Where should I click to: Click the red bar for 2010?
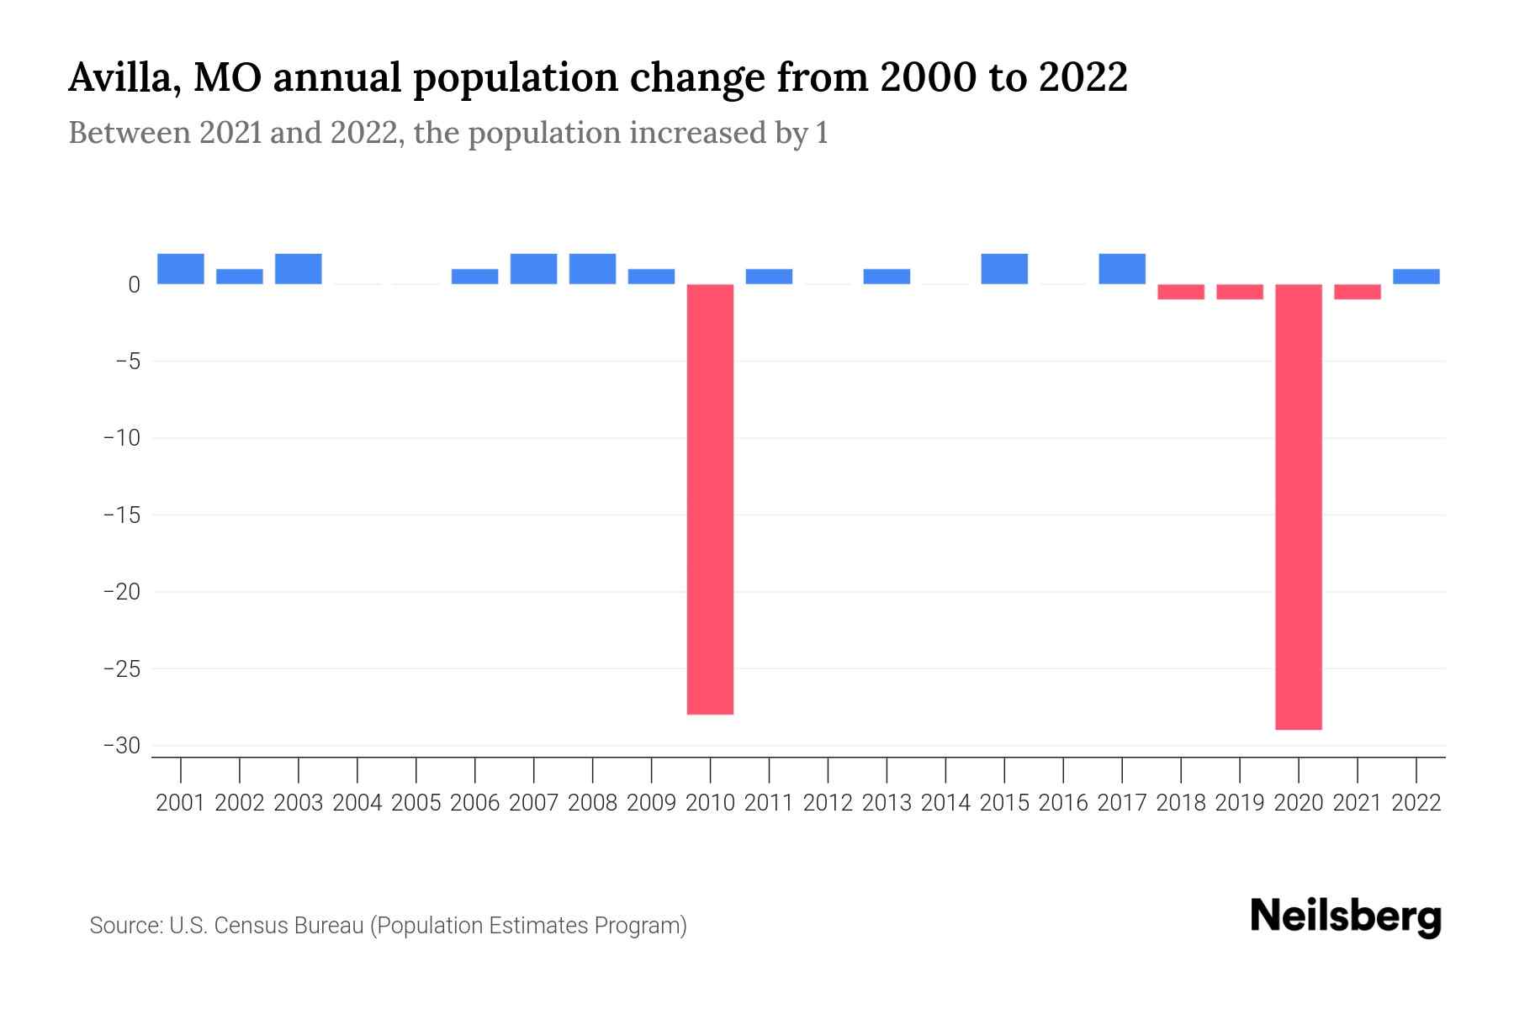(710, 499)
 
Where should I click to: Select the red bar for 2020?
(1298, 506)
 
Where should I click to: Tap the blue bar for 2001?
(181, 269)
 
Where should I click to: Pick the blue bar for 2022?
(1416, 277)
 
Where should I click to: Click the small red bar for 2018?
(1180, 292)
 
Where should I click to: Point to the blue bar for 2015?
(1003, 269)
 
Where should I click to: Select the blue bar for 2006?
(474, 277)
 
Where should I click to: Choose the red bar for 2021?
(1357, 292)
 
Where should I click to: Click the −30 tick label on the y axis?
(121, 746)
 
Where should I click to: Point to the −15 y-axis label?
(121, 515)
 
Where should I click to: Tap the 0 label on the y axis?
(134, 285)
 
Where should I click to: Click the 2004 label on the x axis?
(357, 803)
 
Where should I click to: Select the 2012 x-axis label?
(828, 803)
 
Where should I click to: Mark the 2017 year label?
(1121, 803)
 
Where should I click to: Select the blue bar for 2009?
(651, 277)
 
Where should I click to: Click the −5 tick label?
(127, 362)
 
